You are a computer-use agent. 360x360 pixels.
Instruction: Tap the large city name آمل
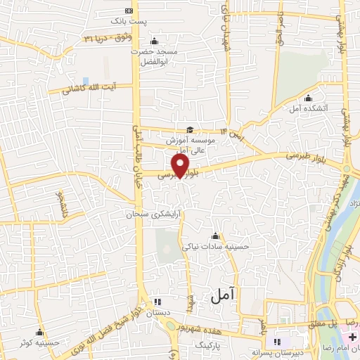click(x=224, y=297)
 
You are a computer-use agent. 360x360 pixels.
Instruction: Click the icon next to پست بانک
click(x=127, y=11)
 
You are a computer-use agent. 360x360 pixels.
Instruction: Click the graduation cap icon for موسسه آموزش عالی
click(x=189, y=129)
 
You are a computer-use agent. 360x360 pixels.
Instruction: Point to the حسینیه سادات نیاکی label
click(x=215, y=246)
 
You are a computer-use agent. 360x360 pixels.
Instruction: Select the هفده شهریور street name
click(x=212, y=327)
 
